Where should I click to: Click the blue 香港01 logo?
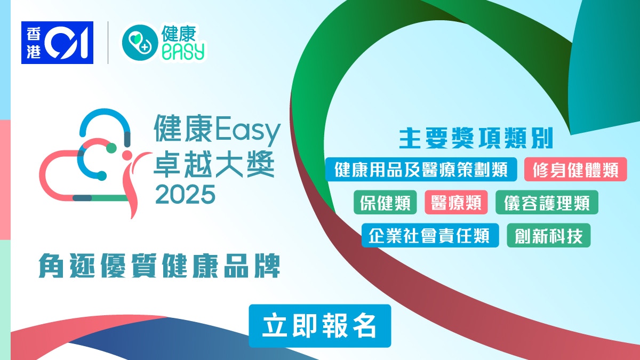pos(57,43)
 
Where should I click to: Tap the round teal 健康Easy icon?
pos(140,43)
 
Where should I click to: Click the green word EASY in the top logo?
pos(183,51)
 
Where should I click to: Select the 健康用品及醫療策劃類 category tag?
pos(421,170)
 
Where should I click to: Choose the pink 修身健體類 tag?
pos(575,170)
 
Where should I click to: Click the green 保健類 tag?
pos(385,202)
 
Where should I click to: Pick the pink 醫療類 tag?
pos(456,202)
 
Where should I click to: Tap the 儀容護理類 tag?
pos(547,202)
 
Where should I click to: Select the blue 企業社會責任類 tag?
pos(430,235)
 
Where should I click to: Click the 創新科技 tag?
pos(549,235)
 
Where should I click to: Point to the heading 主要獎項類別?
pos(476,139)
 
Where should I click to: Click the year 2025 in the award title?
pos(185,194)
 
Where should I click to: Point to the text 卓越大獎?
pos(214,163)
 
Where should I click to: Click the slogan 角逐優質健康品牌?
pos(159,266)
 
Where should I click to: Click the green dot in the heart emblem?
pos(111,148)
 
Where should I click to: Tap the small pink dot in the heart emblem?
pos(127,155)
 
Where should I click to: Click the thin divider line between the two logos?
pos(108,43)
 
